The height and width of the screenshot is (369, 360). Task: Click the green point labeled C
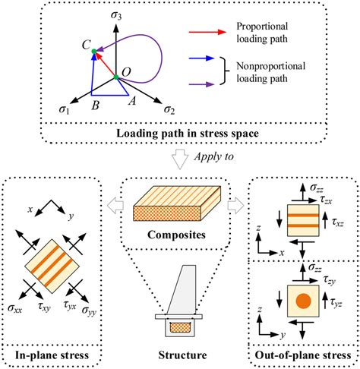click(x=94, y=52)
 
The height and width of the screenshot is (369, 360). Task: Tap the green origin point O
click(x=115, y=77)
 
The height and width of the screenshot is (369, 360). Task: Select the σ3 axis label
click(x=116, y=15)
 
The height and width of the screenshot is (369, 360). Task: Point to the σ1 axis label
click(x=64, y=109)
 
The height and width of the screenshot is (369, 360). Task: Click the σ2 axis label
click(x=169, y=110)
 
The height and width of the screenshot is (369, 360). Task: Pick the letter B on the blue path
click(x=95, y=105)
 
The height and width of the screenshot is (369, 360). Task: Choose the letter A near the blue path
click(x=132, y=101)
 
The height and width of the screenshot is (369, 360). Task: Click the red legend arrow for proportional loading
click(x=207, y=32)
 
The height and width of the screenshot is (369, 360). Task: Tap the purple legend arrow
click(x=202, y=84)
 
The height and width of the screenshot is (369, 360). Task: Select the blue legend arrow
click(x=202, y=58)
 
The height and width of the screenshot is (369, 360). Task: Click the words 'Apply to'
click(x=214, y=156)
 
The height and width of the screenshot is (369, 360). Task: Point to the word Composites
click(x=176, y=235)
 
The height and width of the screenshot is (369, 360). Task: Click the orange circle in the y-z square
click(x=304, y=301)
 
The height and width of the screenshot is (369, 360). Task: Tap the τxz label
click(x=338, y=222)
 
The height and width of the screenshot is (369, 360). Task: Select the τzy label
click(x=330, y=280)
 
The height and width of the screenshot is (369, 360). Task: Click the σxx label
click(x=14, y=308)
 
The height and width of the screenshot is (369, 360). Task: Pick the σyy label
click(x=89, y=311)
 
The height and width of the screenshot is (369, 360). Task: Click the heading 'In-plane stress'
click(x=52, y=355)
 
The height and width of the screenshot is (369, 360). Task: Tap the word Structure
click(x=182, y=355)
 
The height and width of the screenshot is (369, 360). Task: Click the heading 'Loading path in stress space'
click(x=188, y=134)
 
